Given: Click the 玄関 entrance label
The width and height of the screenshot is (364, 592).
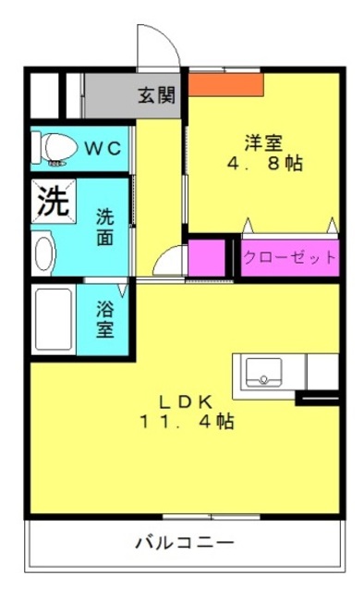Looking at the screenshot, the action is click(x=156, y=95).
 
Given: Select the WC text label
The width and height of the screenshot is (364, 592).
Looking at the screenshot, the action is click(x=103, y=148).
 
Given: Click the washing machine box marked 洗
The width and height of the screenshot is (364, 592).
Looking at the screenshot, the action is click(x=54, y=201).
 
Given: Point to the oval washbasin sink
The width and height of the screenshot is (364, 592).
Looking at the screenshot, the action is click(x=44, y=253).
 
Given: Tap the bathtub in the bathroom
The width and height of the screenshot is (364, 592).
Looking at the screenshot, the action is click(x=54, y=319).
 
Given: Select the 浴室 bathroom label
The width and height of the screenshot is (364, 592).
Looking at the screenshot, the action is click(x=104, y=319).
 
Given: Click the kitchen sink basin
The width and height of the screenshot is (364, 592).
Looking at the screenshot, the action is click(x=263, y=372).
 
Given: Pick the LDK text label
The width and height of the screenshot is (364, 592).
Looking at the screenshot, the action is click(x=186, y=403).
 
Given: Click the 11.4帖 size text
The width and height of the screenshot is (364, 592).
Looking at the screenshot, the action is click(x=187, y=422).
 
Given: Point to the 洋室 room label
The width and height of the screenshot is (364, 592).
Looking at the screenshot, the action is click(x=263, y=142).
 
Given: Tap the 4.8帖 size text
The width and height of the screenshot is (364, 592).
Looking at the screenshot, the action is click(x=264, y=163).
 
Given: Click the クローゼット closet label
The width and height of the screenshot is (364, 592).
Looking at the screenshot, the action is click(x=289, y=257).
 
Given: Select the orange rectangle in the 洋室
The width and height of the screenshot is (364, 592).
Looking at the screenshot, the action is click(x=225, y=84).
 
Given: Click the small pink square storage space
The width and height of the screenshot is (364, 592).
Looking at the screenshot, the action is click(x=207, y=258).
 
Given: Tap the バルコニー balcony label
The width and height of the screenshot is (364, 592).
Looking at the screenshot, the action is click(x=185, y=543).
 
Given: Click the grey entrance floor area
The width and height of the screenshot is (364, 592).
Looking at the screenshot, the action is click(x=132, y=95).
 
